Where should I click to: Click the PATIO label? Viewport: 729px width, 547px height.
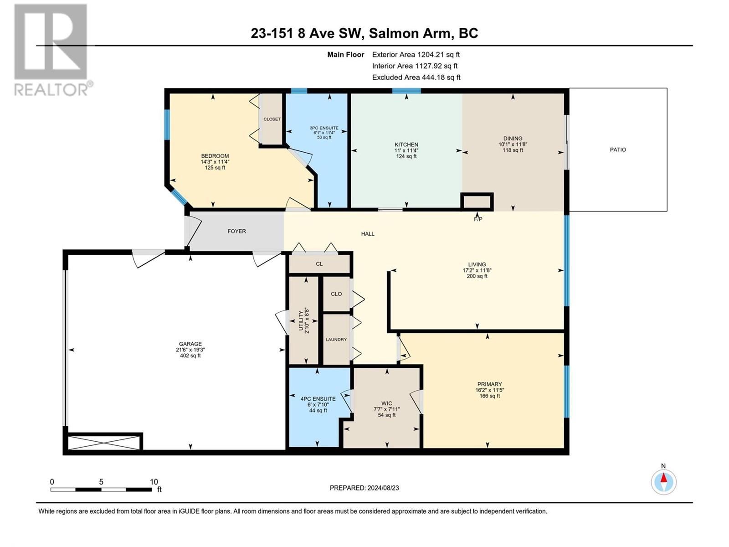click(618, 150)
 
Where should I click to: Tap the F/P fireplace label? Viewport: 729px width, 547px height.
click(478, 220)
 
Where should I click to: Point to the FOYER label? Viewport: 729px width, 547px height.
click(236, 231)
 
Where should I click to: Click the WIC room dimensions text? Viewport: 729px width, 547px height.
click(386, 409)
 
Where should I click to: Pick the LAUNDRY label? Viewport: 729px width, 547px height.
click(336, 340)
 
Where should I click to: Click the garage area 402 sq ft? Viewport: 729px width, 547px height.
click(190, 356)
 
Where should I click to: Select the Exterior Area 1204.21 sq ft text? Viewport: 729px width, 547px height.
click(416, 54)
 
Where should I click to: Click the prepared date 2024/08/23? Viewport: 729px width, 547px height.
click(383, 488)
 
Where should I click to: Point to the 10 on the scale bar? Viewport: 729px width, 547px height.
click(154, 481)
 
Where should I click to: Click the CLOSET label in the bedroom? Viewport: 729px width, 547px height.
click(272, 119)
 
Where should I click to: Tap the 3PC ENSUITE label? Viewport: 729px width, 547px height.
click(324, 128)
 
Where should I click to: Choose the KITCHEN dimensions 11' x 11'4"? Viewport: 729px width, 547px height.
click(406, 150)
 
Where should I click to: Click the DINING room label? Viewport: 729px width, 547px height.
click(513, 139)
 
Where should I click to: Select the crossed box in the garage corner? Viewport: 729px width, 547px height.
click(103, 443)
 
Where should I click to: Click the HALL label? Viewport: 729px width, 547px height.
click(368, 234)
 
